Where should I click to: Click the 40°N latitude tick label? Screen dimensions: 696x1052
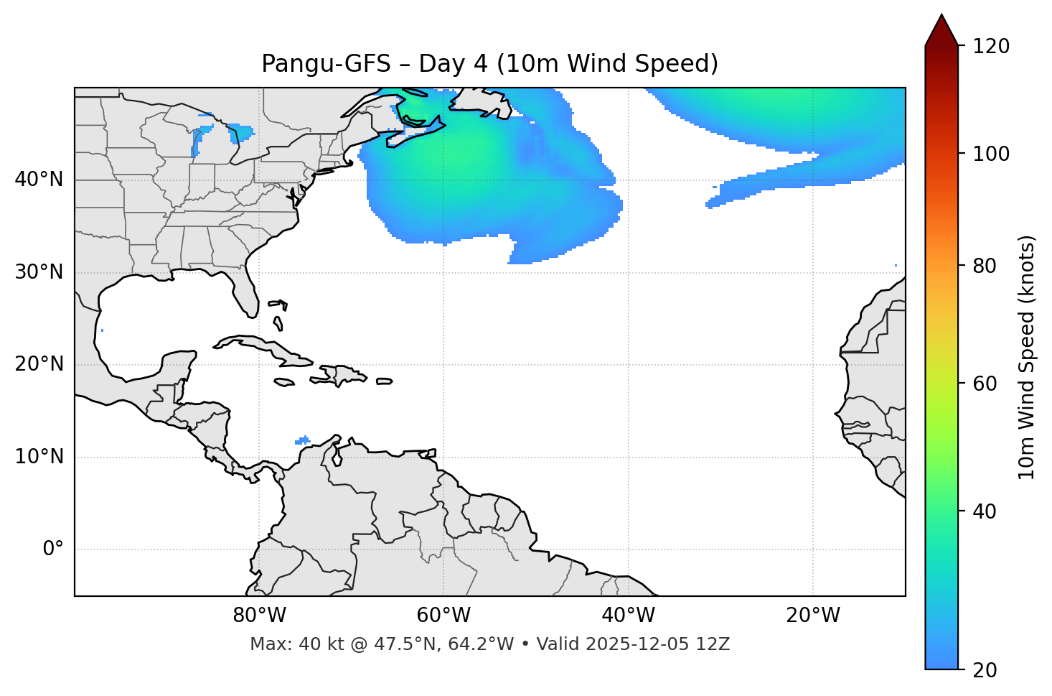tap(39, 180)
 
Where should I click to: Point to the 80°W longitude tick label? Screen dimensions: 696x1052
tap(259, 616)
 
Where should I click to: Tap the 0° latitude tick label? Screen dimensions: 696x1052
tap(52, 549)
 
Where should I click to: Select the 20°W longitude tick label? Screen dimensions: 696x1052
tap(813, 616)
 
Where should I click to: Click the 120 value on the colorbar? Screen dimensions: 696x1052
tap(991, 47)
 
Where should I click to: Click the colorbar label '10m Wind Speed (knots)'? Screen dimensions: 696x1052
tap(1027, 358)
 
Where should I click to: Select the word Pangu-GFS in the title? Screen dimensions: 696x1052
tap(326, 64)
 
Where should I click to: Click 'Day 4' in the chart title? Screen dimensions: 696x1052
tap(453, 64)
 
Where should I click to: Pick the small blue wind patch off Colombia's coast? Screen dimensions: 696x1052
tap(303, 440)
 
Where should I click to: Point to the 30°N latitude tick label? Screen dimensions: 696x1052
tap(39, 272)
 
